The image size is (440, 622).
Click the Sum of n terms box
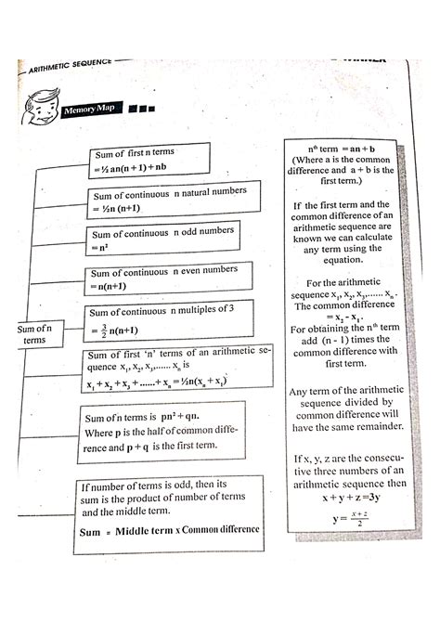(x=34, y=334)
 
